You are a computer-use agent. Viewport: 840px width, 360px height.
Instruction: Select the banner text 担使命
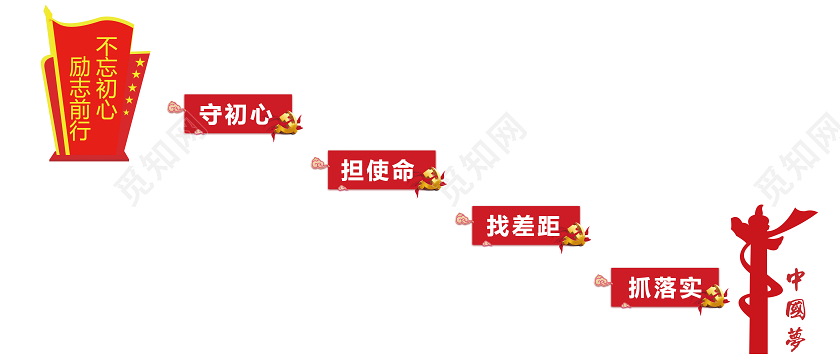point(377,169)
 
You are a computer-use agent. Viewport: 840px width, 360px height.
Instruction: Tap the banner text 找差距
point(521,226)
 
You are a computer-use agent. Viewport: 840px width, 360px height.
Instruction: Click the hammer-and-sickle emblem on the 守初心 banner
point(287,124)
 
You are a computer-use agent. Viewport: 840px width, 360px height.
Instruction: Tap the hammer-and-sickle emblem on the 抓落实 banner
point(714,296)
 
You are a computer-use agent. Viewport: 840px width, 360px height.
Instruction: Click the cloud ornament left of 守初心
point(175,105)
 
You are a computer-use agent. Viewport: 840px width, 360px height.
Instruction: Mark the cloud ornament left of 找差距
point(461,219)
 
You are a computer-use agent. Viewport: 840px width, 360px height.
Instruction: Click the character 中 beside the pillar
point(797,276)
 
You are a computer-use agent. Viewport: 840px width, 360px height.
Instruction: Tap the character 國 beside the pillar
point(797,305)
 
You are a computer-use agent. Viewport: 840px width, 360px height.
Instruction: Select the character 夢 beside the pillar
point(797,337)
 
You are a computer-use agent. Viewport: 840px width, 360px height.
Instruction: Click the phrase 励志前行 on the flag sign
point(80,98)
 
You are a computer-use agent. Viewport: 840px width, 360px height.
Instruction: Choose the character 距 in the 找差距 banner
point(546,226)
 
